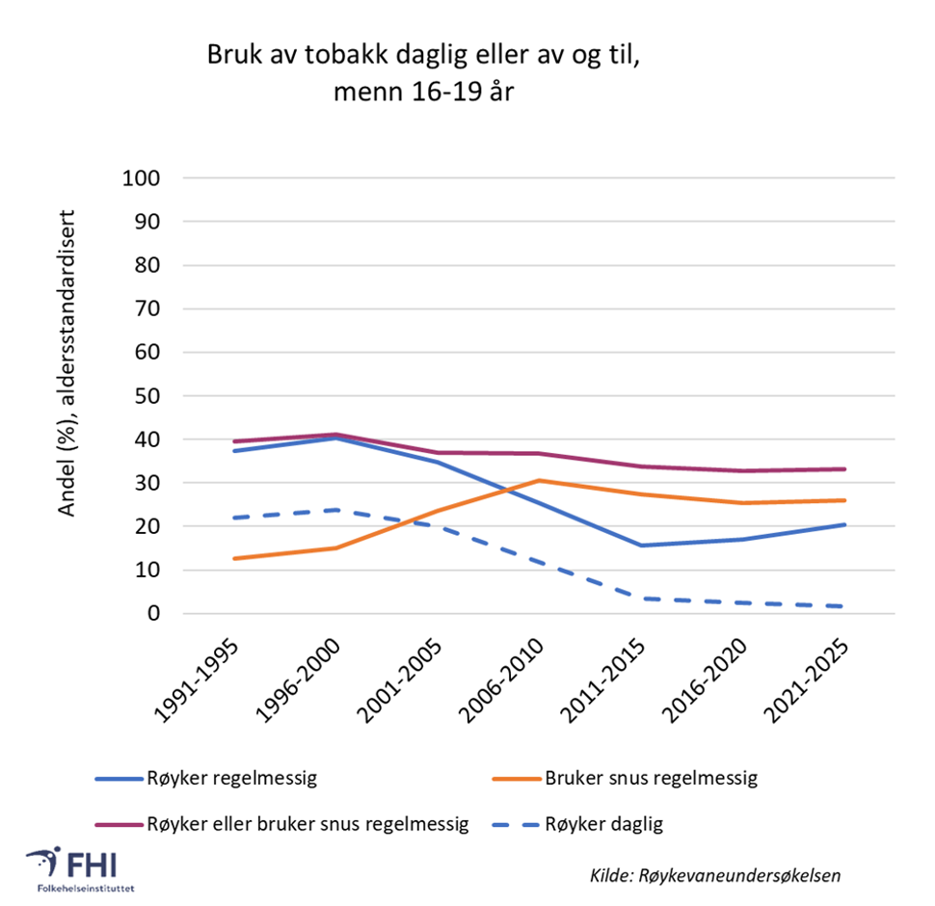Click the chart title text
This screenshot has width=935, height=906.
pyautogui.click(x=422, y=73)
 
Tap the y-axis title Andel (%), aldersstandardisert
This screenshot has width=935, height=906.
pyautogui.click(x=67, y=370)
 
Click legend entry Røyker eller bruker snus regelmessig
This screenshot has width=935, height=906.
pyautogui.click(x=307, y=824)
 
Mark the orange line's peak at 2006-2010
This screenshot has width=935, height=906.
pyautogui.click(x=540, y=480)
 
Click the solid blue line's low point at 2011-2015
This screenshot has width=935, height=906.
pyautogui.click(x=639, y=546)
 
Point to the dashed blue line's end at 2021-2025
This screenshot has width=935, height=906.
pyautogui.click(x=844, y=606)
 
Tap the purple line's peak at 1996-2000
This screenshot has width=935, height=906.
pyautogui.click(x=335, y=435)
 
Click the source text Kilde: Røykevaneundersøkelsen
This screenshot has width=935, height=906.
pyautogui.click(x=715, y=875)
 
